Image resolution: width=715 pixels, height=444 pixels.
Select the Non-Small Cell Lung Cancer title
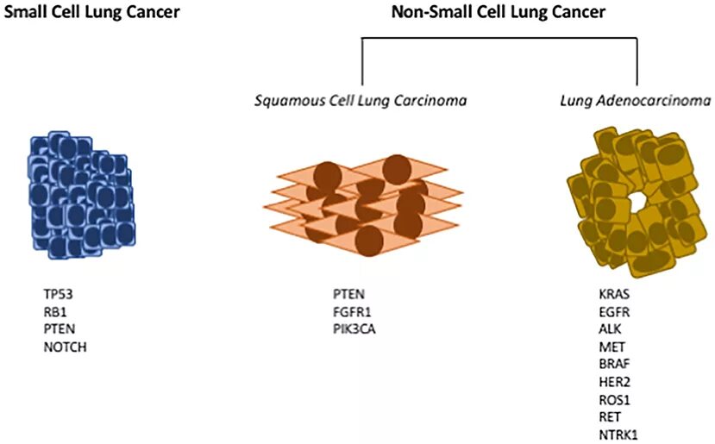499,12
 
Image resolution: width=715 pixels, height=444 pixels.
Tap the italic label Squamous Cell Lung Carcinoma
361,100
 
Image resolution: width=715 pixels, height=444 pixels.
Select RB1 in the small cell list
54,311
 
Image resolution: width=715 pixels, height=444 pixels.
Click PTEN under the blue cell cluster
59,328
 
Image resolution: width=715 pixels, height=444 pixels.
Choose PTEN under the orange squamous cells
348,294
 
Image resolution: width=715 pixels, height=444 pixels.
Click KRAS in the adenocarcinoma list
614,294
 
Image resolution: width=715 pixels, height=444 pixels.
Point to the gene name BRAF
614,364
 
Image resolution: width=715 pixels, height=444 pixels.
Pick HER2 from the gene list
614,381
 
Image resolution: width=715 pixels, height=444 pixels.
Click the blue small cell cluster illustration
78,195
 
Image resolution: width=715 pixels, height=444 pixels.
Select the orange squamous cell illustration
362,200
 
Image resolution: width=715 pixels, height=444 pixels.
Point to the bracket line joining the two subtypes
499,38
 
